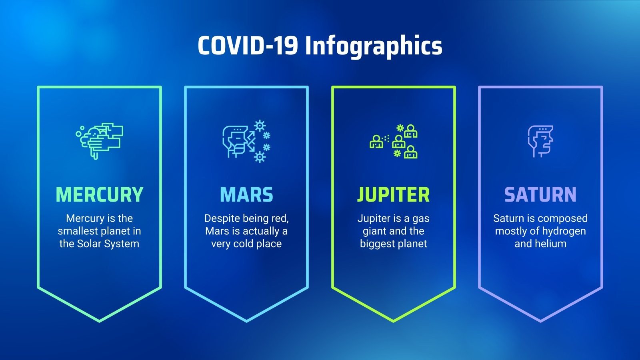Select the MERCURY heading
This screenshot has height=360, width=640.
(x=99, y=195)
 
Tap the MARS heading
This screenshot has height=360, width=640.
(x=246, y=195)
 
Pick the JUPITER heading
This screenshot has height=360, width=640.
(x=393, y=195)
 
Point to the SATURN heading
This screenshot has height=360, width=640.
(x=540, y=195)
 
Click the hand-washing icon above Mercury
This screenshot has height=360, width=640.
(x=100, y=141)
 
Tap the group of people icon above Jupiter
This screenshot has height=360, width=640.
(x=394, y=141)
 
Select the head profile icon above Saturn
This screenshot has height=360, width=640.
(x=540, y=141)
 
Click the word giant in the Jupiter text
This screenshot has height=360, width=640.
(x=374, y=231)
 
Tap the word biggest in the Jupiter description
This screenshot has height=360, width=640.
(x=376, y=244)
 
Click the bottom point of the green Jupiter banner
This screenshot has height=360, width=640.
(x=394, y=320)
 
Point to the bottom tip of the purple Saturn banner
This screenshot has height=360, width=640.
(x=541, y=320)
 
